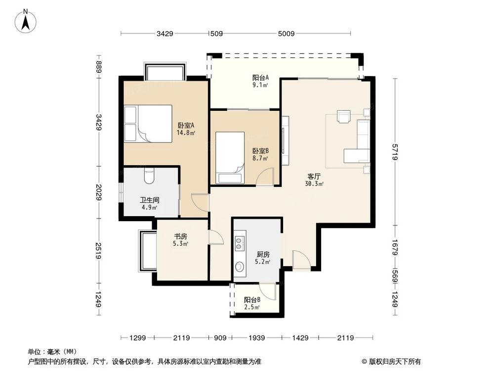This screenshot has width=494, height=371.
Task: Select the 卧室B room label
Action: pyautogui.click(x=260, y=151)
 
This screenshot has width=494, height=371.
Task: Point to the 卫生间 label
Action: pyautogui.click(x=148, y=200)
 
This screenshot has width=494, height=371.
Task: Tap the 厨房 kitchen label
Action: pyautogui.click(x=262, y=254)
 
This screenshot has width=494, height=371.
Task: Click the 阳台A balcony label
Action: pyautogui.click(x=260, y=78)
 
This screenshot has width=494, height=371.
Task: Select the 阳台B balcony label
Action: pyautogui.click(x=252, y=300)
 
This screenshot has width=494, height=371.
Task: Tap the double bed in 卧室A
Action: pyautogui.click(x=148, y=124)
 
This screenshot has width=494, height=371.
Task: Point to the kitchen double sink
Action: pyautogui.click(x=240, y=243)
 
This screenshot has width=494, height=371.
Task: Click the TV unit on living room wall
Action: pyautogui.click(x=285, y=141)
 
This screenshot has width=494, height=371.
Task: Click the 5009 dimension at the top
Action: pyautogui.click(x=286, y=34)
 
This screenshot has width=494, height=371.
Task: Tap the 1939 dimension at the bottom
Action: pyautogui.click(x=256, y=338)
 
